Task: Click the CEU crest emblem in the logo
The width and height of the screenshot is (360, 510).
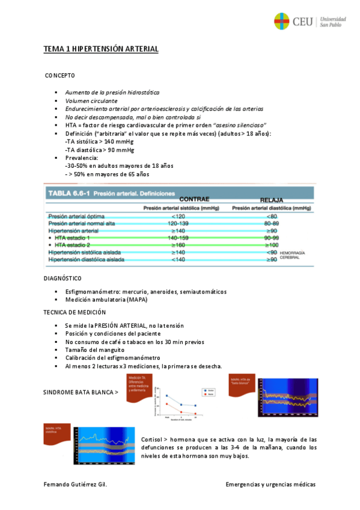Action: pos(282,22)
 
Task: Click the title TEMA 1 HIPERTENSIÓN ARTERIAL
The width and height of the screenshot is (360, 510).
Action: pos(100,49)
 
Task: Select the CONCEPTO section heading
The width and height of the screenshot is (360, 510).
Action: pos(60,76)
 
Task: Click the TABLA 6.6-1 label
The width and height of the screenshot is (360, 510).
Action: pos(68,194)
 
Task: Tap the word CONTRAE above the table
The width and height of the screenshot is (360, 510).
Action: pos(194,199)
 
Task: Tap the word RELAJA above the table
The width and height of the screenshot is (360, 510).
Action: pos(271,200)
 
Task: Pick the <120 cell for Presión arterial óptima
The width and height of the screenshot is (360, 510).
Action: pos(178,215)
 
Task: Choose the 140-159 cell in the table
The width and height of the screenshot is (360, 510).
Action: pos(178,238)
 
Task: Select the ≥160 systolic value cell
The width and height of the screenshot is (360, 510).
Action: pos(178,245)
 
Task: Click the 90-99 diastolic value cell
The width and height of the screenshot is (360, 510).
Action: pos(272,238)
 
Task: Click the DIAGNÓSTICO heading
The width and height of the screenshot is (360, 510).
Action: pos(63,278)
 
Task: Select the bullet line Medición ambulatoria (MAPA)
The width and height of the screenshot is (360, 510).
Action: pos(106,300)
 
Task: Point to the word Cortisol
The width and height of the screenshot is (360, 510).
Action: pos(149,439)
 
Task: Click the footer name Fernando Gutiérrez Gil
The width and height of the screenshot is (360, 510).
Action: pos(75,485)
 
